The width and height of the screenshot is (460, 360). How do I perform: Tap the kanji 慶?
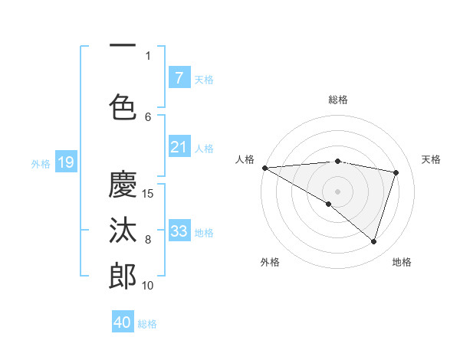click(x=123, y=184)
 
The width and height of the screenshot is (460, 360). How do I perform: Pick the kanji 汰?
click(x=123, y=230)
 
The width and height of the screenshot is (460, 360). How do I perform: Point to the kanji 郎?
click(x=123, y=276)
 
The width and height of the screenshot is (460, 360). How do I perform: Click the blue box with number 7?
click(x=179, y=77)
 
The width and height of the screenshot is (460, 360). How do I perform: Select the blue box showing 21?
click(x=179, y=147)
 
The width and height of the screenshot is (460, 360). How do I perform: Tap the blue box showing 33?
click(x=179, y=231)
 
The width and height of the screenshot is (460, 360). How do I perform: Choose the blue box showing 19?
click(x=66, y=162)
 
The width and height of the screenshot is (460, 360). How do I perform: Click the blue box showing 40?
click(x=123, y=322)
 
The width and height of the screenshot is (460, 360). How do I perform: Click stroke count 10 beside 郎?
click(x=148, y=286)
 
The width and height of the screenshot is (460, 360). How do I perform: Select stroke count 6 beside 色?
click(x=148, y=116)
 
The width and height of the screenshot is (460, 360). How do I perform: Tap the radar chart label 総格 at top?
click(x=337, y=100)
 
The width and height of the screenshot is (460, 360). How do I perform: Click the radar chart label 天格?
click(x=432, y=159)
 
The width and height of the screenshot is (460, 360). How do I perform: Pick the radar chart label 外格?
click(x=270, y=262)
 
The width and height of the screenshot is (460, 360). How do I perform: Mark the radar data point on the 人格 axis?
click(x=264, y=167)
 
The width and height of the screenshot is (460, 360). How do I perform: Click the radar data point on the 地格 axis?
click(x=373, y=242)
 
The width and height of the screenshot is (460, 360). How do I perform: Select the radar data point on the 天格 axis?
click(x=396, y=172)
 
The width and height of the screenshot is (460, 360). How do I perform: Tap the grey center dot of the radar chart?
click(x=337, y=191)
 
